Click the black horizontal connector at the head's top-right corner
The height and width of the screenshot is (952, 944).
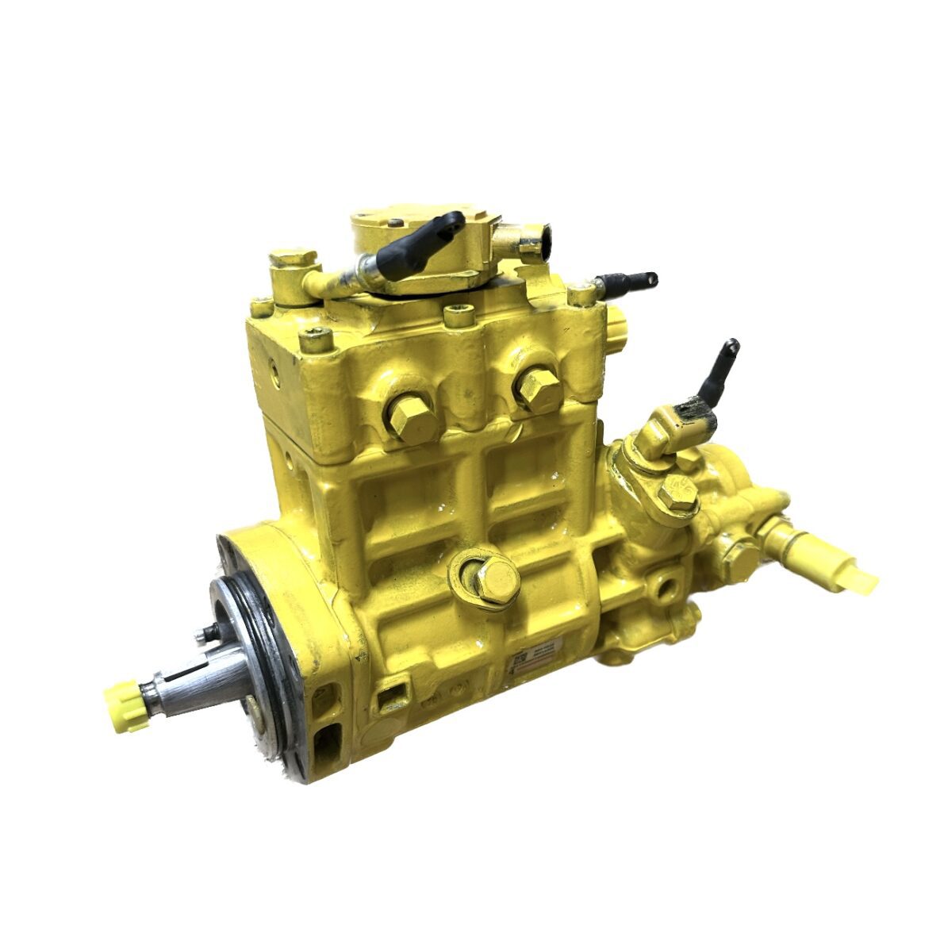coord(627,281)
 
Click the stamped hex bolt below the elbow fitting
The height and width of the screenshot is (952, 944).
coord(677,493)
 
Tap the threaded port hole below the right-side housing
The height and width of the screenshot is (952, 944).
coord(662,588)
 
